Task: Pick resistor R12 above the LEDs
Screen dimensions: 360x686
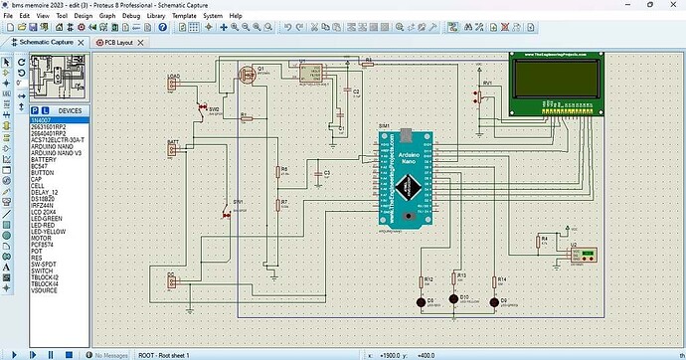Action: click(423, 281)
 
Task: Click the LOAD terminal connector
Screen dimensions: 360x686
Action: click(174, 83)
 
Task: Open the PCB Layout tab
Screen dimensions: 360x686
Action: click(119, 43)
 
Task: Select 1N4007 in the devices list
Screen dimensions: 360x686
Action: click(44, 119)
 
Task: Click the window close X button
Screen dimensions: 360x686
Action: click(670, 5)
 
